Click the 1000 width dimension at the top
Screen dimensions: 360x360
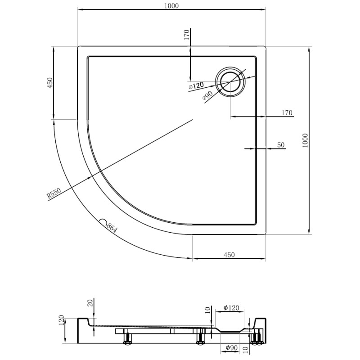(x=171, y=6)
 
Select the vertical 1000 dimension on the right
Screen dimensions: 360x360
(x=305, y=140)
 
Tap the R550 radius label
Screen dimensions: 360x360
(x=54, y=193)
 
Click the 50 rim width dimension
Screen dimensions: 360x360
(x=281, y=145)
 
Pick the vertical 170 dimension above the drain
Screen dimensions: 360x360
(x=187, y=35)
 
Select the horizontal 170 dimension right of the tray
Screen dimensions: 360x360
(x=287, y=113)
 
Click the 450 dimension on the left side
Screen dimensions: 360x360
(x=49, y=83)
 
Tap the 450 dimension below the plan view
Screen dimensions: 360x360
(x=229, y=255)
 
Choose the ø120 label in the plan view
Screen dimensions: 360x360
(x=196, y=85)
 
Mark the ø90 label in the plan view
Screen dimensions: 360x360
(x=208, y=95)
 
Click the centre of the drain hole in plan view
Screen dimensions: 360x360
(x=230, y=82)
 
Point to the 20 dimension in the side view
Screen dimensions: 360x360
(x=91, y=303)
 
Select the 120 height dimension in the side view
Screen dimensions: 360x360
(x=61, y=320)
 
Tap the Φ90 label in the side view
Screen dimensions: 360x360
(x=231, y=348)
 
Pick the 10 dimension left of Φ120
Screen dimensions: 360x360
(x=207, y=310)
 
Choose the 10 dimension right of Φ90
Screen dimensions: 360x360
(x=245, y=350)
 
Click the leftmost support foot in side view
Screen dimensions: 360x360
(x=128, y=337)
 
